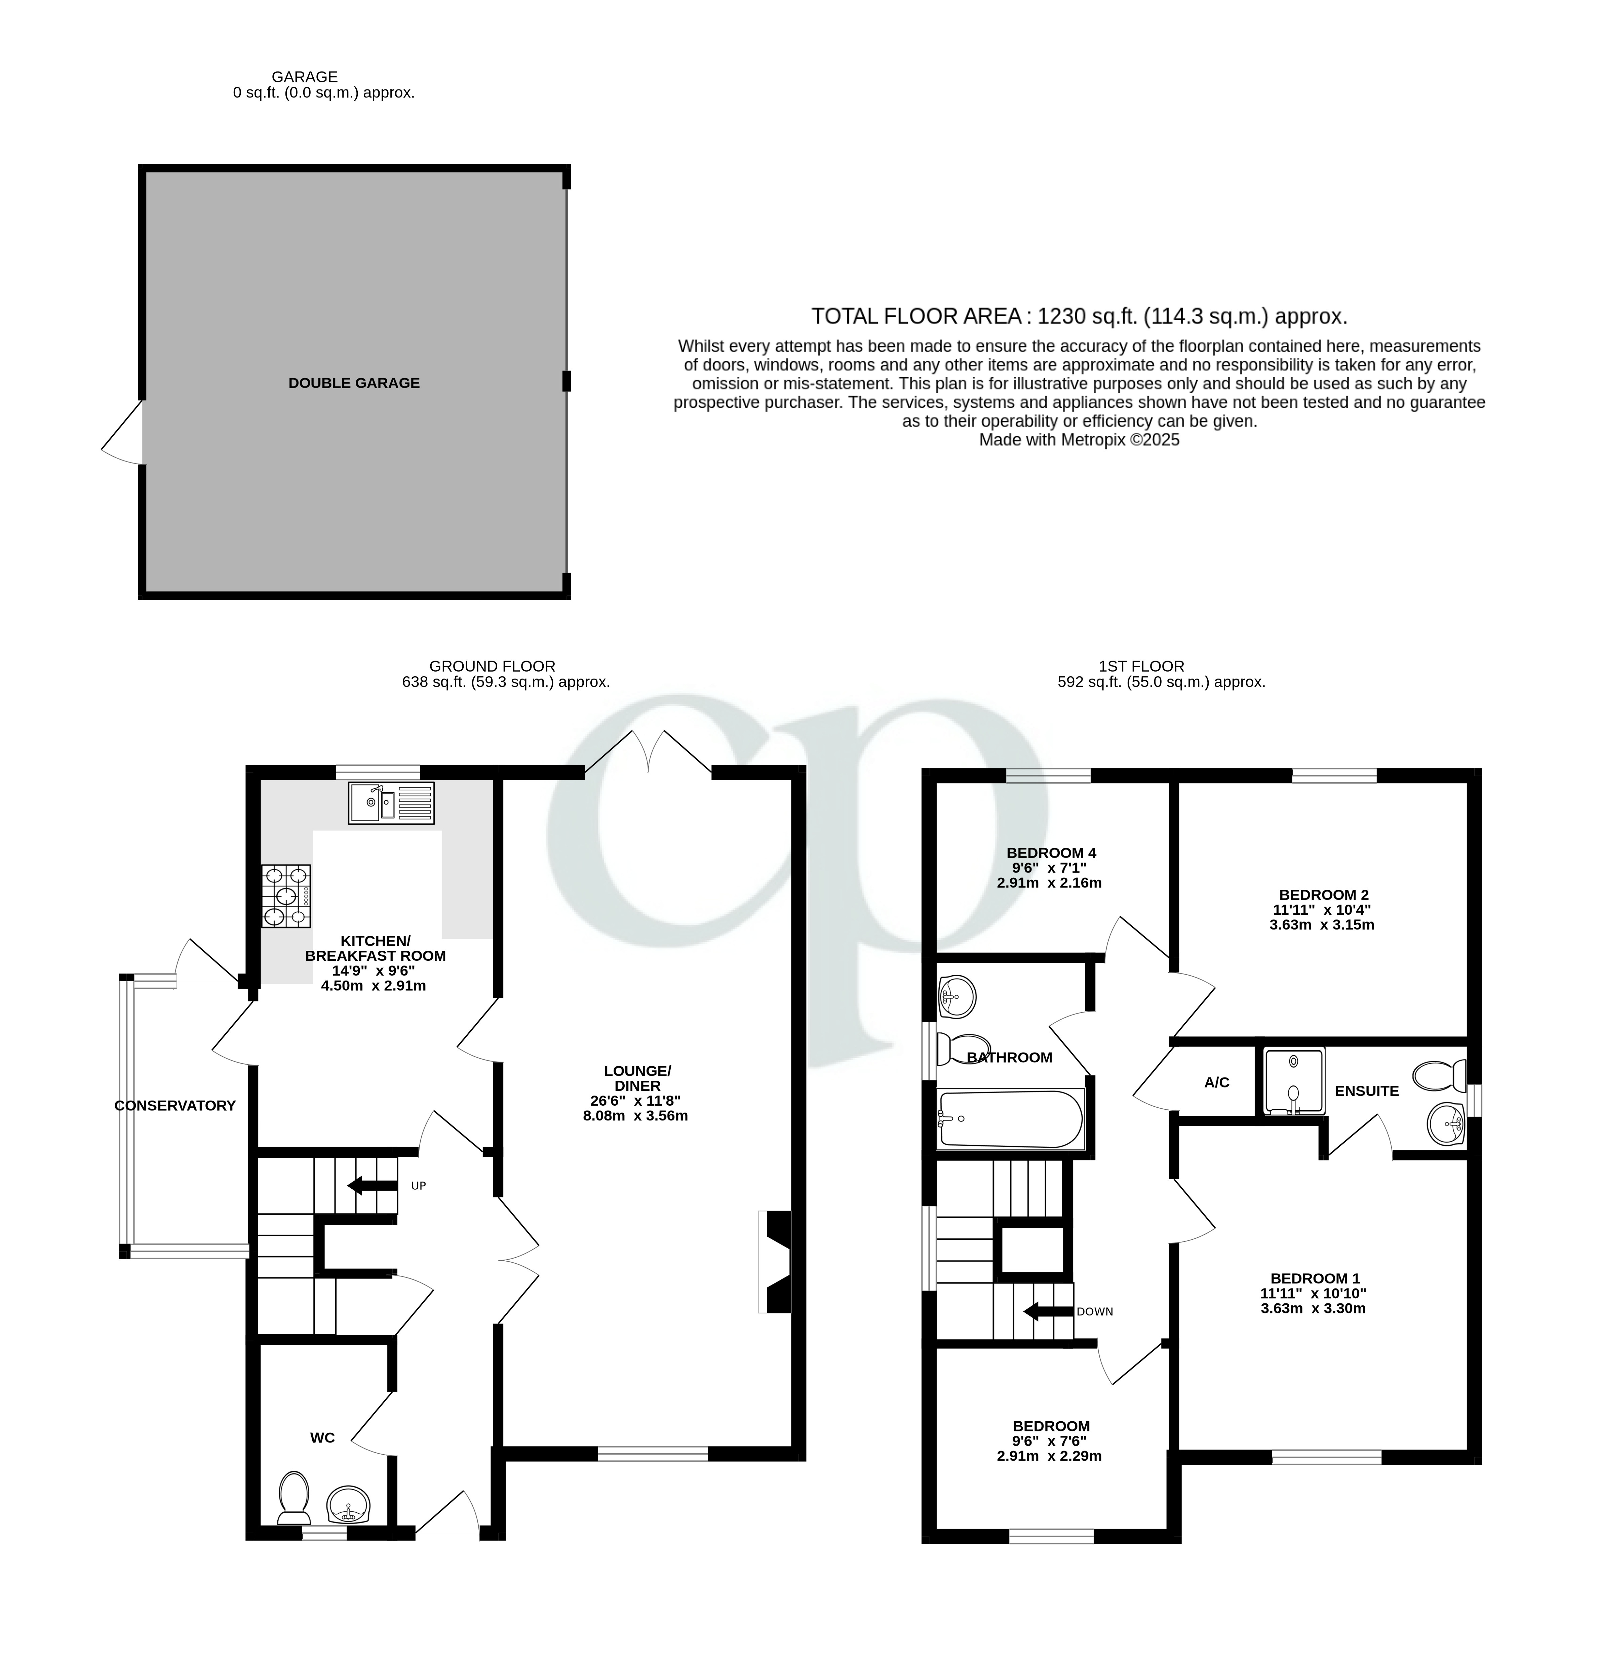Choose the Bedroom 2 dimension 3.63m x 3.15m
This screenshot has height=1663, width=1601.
coord(1321,925)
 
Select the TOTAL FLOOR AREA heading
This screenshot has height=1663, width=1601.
coord(1078,316)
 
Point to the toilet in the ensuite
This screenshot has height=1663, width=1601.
coord(1439,1076)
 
